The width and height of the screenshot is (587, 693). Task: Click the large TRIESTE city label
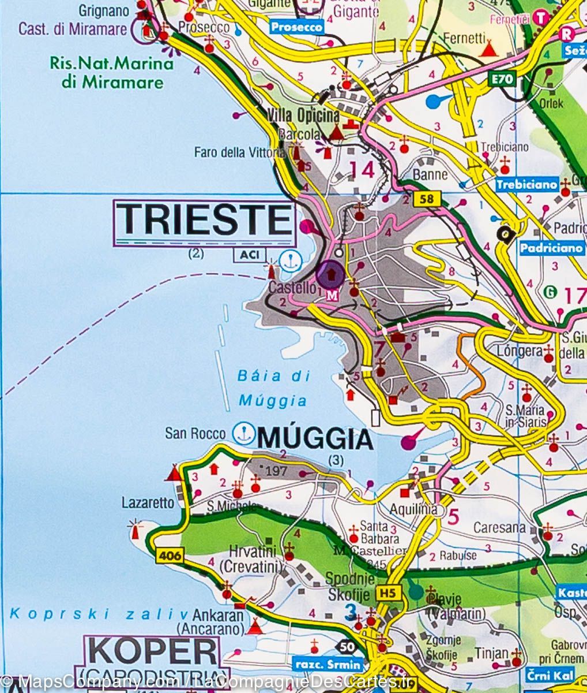[205, 220]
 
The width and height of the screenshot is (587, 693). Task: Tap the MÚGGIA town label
[315, 440]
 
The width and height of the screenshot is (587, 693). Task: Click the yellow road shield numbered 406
[169, 557]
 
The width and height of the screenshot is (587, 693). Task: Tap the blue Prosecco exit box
[296, 27]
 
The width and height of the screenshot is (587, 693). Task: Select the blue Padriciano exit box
[551, 248]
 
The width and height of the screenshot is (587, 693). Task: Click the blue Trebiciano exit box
[526, 185]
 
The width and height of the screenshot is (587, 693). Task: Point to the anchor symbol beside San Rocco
[243, 433]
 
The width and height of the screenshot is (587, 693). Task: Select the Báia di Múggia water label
[273, 388]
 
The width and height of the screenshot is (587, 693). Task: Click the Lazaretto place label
[148, 503]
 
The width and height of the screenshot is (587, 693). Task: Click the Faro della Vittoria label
[239, 152]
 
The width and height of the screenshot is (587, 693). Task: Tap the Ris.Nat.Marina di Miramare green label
[111, 72]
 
